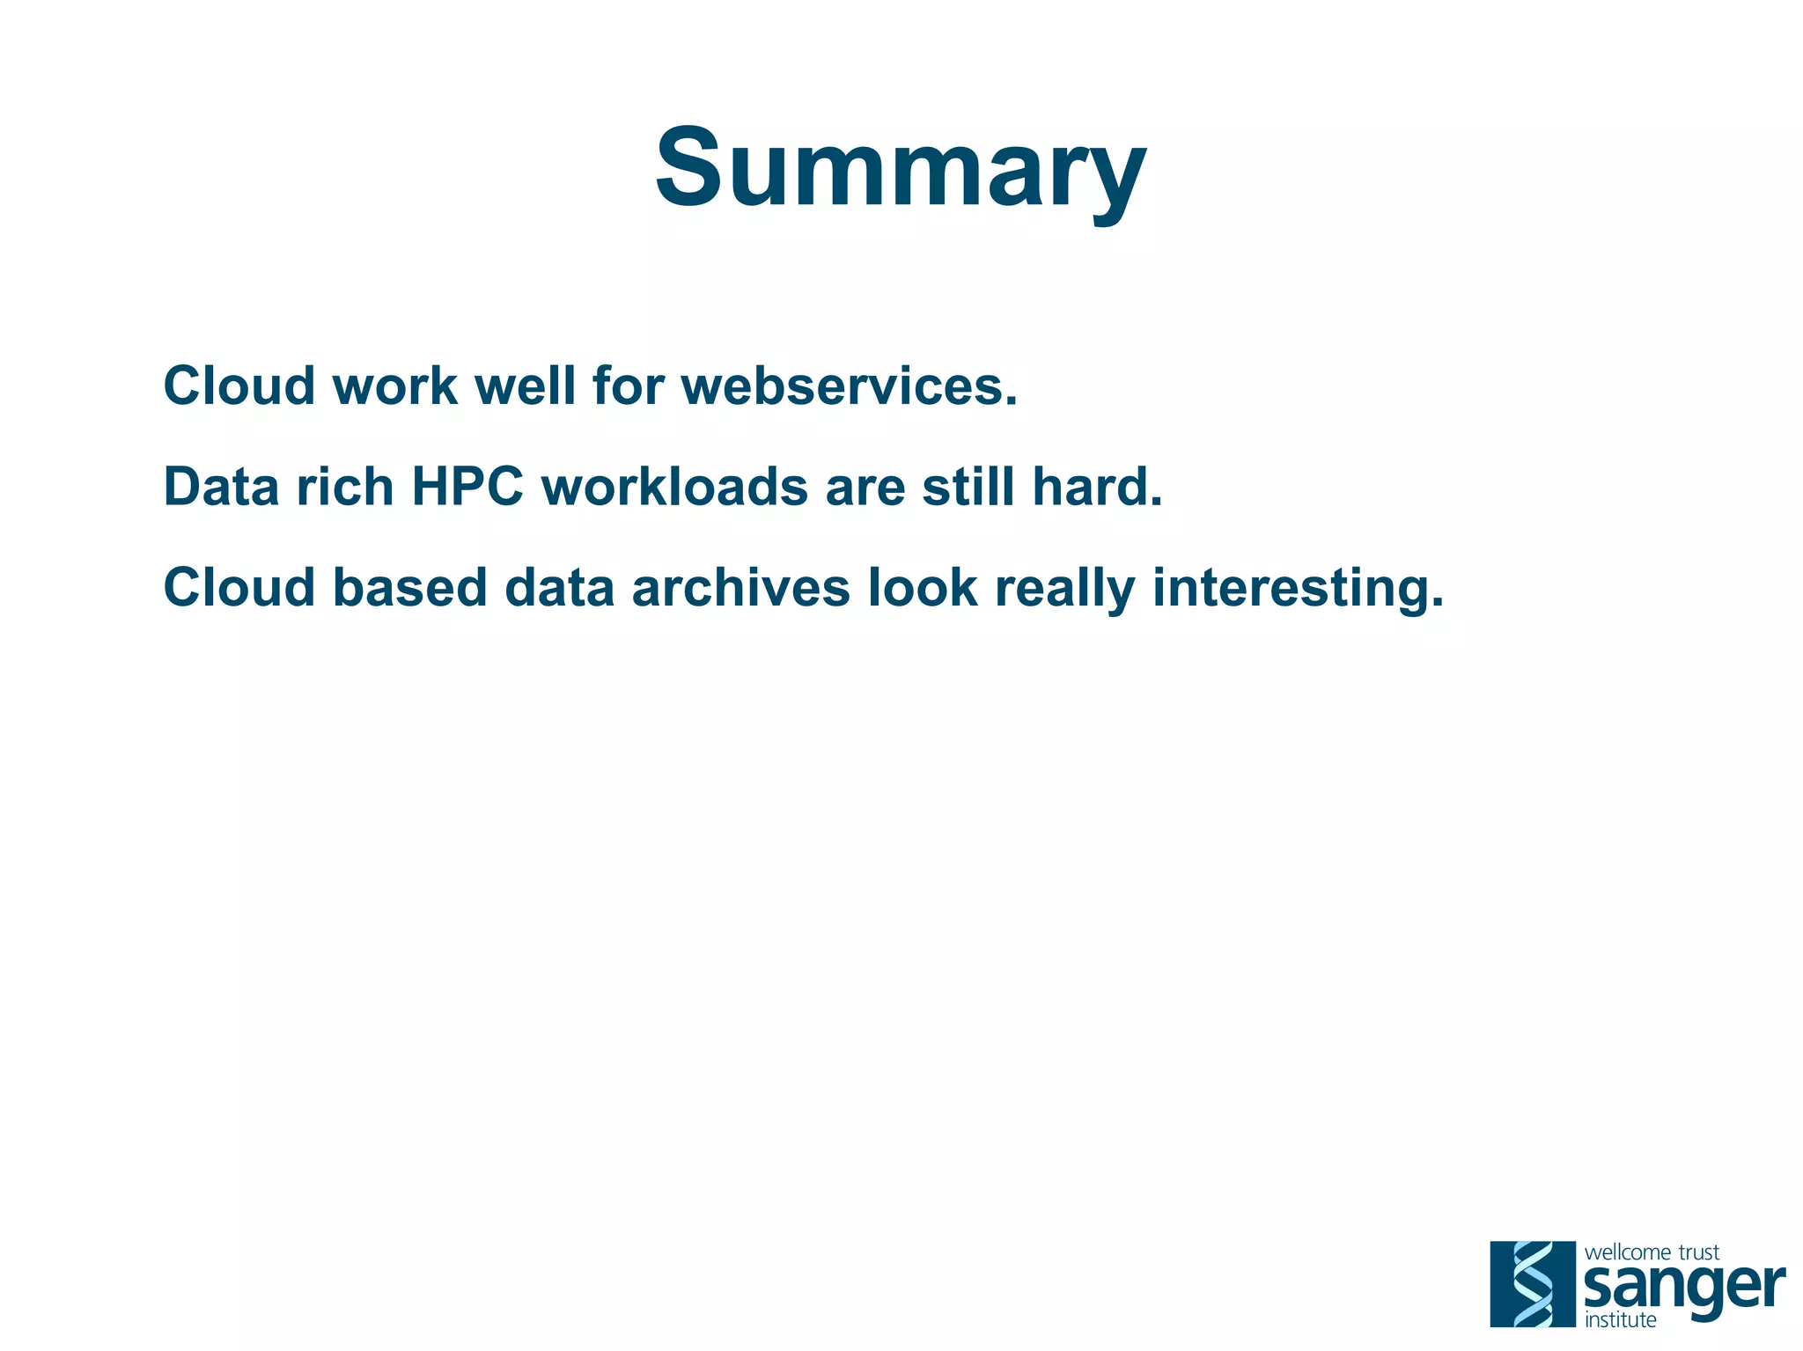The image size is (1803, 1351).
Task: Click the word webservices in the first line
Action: click(x=850, y=385)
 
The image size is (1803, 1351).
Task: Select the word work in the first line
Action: click(x=395, y=385)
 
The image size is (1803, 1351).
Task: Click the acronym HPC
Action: click(x=467, y=486)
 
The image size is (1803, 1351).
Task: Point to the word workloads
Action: click(x=674, y=486)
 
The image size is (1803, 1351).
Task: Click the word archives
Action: click(x=741, y=587)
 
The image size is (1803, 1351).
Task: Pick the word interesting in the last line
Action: click(x=1298, y=587)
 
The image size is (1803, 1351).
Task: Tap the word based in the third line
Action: click(x=409, y=587)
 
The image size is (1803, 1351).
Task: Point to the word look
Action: click(x=923, y=587)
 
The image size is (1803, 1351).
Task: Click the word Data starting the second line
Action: click(x=221, y=486)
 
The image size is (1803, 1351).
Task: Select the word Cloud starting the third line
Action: click(x=239, y=587)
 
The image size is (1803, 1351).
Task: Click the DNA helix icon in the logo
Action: click(x=1533, y=1283)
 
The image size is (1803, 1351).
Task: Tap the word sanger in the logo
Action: click(x=1683, y=1289)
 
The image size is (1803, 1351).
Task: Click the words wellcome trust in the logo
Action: click(x=1652, y=1252)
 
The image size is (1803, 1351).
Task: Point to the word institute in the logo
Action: click(x=1620, y=1319)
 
